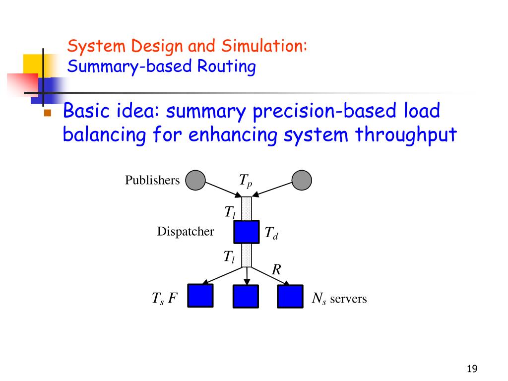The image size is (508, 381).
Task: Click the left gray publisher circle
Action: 195,180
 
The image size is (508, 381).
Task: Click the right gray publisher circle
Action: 302,180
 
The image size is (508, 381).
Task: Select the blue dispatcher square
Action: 247,232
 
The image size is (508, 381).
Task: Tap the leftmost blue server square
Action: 200,296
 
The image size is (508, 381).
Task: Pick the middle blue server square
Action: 246,296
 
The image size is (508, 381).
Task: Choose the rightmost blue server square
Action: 290,296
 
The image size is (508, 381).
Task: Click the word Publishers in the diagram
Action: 152,180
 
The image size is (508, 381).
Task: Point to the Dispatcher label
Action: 186,231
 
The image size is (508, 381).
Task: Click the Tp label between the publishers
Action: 246,181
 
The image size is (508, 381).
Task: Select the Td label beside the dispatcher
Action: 271,233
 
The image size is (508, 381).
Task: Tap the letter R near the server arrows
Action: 276,270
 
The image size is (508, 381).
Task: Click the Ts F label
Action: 164,299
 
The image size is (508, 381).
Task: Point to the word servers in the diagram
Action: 348,299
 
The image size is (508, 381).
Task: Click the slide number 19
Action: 472,369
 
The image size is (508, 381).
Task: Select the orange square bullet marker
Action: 48,113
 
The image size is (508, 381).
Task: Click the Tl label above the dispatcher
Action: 229,212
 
